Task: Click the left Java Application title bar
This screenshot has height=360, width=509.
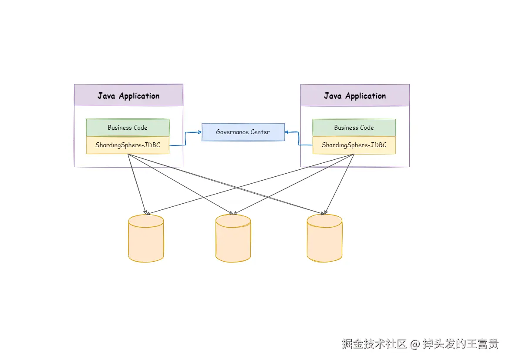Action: click(128, 95)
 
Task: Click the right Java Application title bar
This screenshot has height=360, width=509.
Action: click(355, 95)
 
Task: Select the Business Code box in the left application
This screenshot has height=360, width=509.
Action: click(128, 128)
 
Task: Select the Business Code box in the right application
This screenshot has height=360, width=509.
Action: click(354, 128)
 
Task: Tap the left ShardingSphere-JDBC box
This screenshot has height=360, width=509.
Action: click(128, 145)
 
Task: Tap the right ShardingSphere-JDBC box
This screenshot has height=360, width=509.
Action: click(354, 145)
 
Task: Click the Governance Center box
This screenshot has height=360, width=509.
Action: click(243, 132)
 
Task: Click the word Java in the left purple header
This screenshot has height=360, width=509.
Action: click(106, 96)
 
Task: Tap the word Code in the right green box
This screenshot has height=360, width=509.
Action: click(366, 128)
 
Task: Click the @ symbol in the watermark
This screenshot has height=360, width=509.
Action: click(415, 344)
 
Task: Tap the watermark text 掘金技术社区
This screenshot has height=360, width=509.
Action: click(374, 344)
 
